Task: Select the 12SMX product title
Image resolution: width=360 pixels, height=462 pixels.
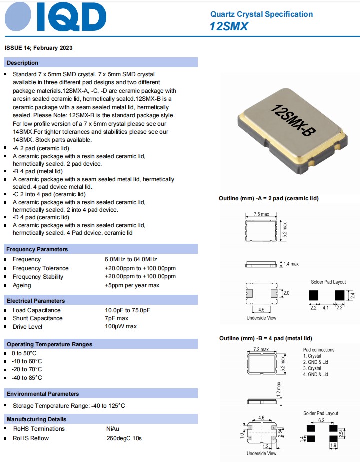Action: pyautogui.click(x=229, y=26)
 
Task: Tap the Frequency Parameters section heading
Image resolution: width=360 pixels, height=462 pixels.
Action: pyautogui.click(x=37, y=249)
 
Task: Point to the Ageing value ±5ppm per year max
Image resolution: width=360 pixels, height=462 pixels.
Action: pyautogui.click(x=132, y=285)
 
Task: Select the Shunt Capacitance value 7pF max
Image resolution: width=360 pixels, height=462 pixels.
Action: pyautogui.click(x=116, y=318)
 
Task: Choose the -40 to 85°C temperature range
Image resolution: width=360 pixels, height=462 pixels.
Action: pyautogui.click(x=27, y=378)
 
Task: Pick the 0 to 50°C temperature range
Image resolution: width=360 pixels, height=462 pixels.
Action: pyautogui.click(x=25, y=353)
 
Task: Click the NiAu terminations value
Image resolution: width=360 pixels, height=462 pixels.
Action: pyautogui.click(x=113, y=429)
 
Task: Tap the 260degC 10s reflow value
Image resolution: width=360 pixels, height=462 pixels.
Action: pyautogui.click(x=123, y=438)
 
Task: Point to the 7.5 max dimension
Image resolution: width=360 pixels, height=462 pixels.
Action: pyautogui.click(x=261, y=214)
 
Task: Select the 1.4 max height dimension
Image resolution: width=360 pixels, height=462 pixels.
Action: pyautogui.click(x=291, y=264)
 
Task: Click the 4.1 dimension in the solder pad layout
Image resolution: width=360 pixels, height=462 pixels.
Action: pyautogui.click(x=325, y=307)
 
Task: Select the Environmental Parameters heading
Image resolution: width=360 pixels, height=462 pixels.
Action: pyautogui.click(x=43, y=393)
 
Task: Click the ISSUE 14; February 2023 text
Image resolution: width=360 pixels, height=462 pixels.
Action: pyautogui.click(x=39, y=48)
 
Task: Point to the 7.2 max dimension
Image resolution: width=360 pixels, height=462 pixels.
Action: pyautogui.click(x=261, y=349)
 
